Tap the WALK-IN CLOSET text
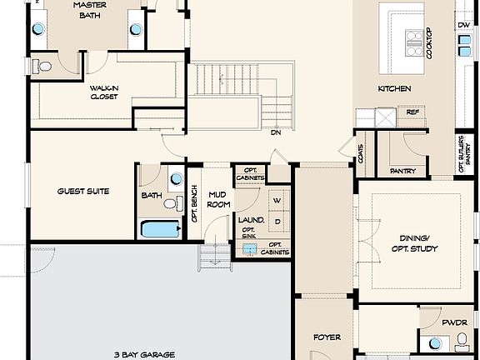pyautogui.click(x=104, y=92)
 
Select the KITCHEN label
pyautogui.click(x=395, y=88)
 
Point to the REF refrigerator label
pyautogui.click(x=412, y=112)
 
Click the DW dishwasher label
pyautogui.click(x=462, y=26)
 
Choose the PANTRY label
pyautogui.click(x=402, y=171)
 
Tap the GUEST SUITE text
pyautogui.click(x=83, y=191)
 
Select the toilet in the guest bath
pyautogui.click(x=172, y=203)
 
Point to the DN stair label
pyautogui.click(x=275, y=132)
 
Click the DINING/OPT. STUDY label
pyautogui.click(x=414, y=243)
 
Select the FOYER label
pyautogui.click(x=327, y=337)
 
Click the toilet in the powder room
pyautogui.click(x=462, y=340)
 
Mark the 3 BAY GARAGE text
pyautogui.click(x=143, y=353)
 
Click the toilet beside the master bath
pyautogui.click(x=43, y=65)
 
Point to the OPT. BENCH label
pyautogui.click(x=194, y=202)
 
